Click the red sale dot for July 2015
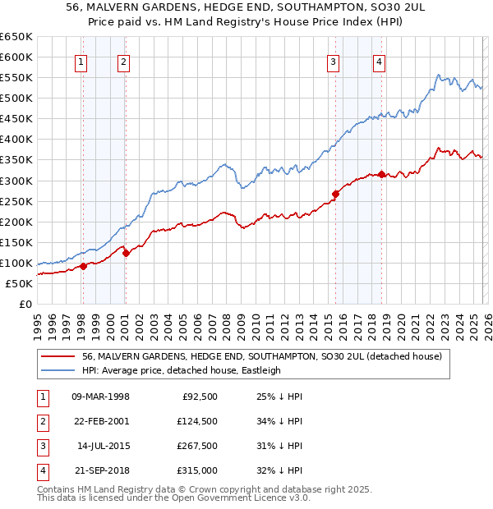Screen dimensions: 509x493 click(x=335, y=194)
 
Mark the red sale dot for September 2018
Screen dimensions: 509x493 click(x=381, y=174)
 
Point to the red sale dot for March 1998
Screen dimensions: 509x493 click(x=83, y=266)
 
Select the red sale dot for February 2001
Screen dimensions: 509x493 click(x=126, y=253)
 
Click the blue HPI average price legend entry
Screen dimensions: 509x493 click(x=182, y=370)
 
